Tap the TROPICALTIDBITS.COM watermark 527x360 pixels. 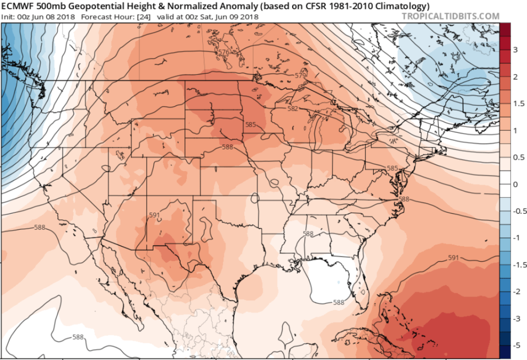coord(449,16)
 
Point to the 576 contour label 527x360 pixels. coord(223,53)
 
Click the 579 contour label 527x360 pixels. coord(301,76)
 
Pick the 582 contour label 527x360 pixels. coord(293,109)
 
